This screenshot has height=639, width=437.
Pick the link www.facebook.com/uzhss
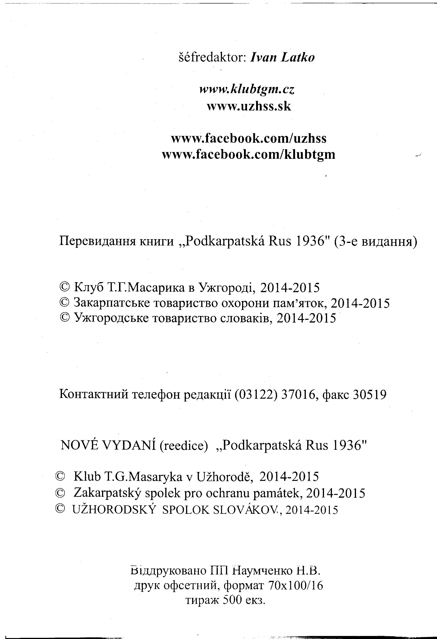coord(249,138)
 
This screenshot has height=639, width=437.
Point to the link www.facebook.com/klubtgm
coord(249,155)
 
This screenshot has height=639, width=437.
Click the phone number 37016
coord(298,395)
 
